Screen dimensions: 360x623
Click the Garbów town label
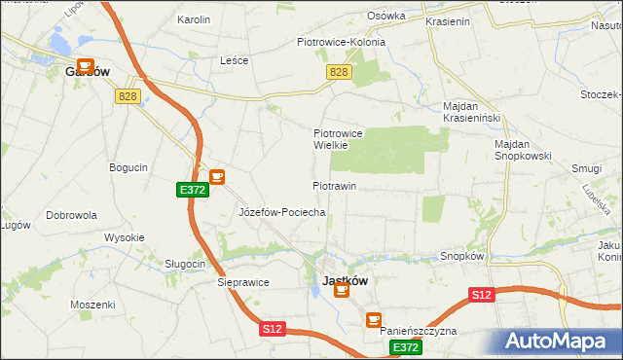(x=87, y=71)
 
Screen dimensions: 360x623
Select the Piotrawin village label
(x=335, y=185)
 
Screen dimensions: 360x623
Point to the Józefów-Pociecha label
(x=281, y=211)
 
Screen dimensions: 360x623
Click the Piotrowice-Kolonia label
(x=341, y=42)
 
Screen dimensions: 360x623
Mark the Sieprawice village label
(x=241, y=282)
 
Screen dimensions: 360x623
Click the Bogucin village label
(x=128, y=167)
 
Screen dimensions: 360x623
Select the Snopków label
(x=462, y=256)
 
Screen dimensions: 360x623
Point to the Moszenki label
(x=92, y=305)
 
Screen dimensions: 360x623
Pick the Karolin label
(x=194, y=19)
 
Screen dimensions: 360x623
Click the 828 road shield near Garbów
(x=127, y=95)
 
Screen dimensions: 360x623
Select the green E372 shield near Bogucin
(x=192, y=191)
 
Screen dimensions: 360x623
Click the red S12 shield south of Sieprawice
(x=273, y=330)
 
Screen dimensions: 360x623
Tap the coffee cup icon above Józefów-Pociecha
(x=216, y=177)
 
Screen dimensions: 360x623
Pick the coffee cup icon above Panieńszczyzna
(x=373, y=319)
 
